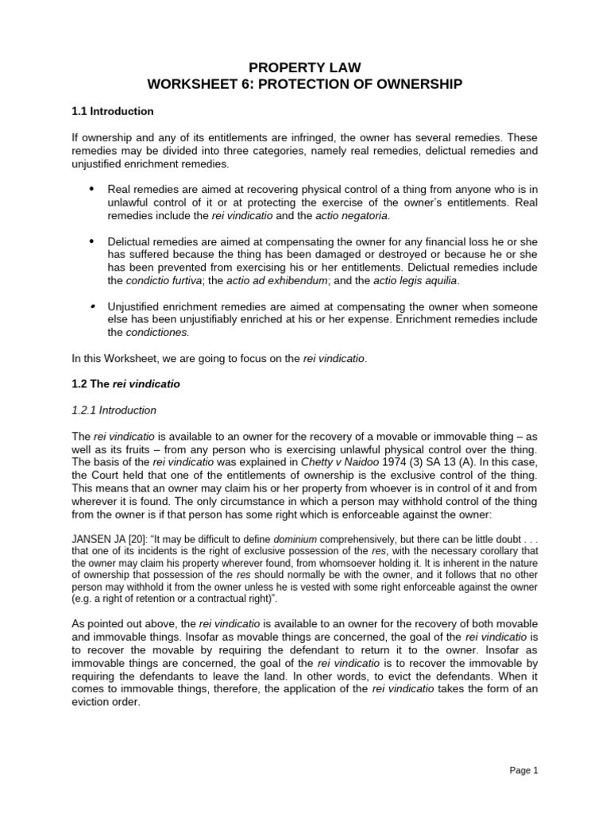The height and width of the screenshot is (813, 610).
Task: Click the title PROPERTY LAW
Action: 304,68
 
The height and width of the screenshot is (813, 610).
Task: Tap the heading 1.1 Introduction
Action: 112,111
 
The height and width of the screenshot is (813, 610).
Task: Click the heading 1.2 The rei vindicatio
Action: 125,383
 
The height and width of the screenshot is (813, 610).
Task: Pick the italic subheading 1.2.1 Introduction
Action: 114,410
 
